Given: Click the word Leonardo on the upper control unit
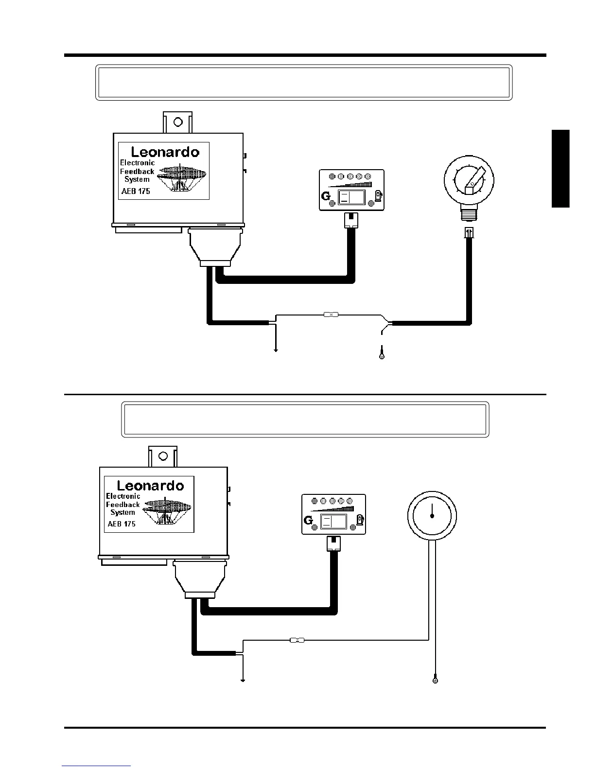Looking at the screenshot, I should (165, 152).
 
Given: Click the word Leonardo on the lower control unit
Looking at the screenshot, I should (151, 486).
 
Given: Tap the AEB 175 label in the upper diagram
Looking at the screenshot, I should (136, 191).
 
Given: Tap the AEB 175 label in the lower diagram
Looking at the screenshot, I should (122, 524).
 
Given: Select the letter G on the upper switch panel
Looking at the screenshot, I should (326, 197).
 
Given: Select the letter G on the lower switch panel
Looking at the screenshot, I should (308, 521).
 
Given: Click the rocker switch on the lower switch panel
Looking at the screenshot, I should (333, 522).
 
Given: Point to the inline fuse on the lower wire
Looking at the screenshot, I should (297, 640).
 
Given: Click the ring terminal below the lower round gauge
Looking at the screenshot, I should (435, 680).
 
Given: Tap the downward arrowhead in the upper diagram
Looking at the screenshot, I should (276, 350).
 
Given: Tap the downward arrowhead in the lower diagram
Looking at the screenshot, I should (242, 680).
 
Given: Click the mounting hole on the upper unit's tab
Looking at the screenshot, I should (177, 122).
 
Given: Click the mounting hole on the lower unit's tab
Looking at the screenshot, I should (163, 456).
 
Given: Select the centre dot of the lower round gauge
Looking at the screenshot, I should (432, 516).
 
